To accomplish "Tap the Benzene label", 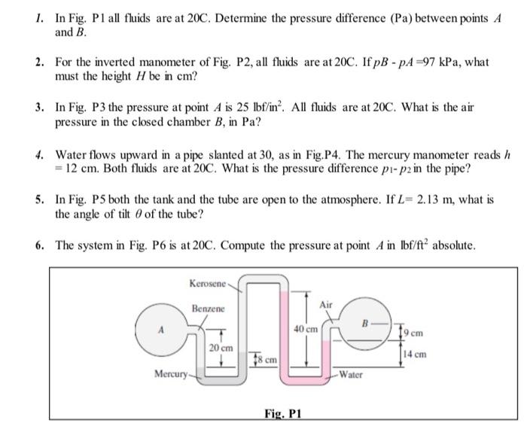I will pyautogui.click(x=207, y=309).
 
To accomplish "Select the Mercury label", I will pyautogui.click(x=169, y=373).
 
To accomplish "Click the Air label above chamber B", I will pyautogui.click(x=325, y=304).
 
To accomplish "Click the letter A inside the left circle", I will pyautogui.click(x=159, y=328).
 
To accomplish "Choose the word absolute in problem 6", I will pyautogui.click(x=454, y=245).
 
